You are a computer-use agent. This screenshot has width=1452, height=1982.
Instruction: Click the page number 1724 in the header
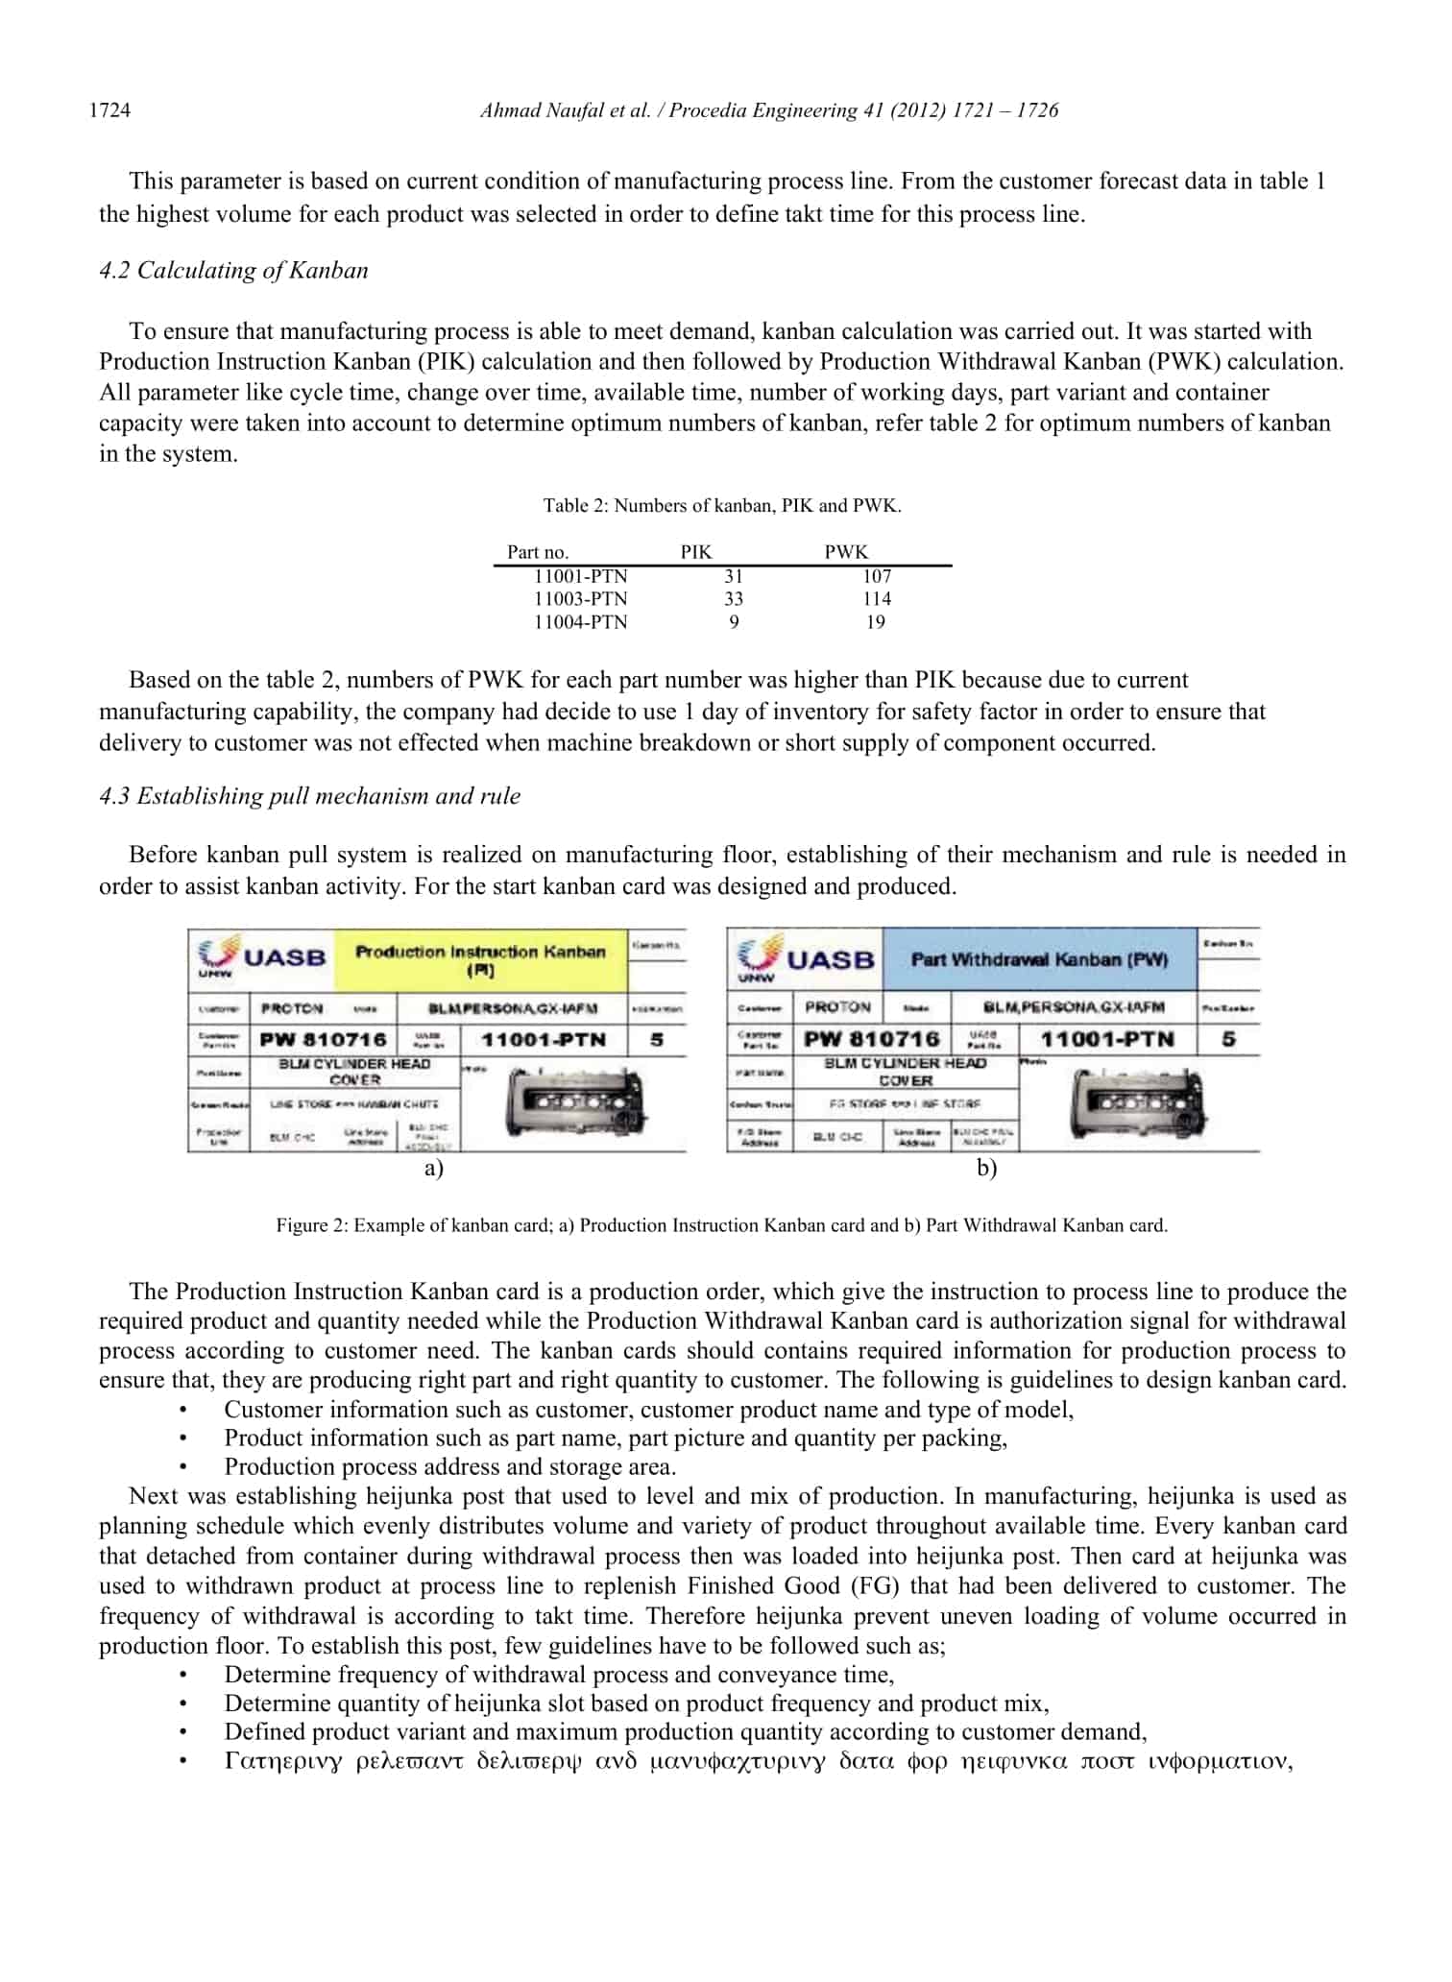tap(109, 110)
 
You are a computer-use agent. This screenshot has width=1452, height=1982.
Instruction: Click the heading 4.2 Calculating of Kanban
tap(233, 271)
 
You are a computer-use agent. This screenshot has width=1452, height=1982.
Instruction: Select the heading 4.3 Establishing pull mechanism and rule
tap(309, 796)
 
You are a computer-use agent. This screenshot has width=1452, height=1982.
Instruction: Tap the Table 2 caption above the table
tap(721, 506)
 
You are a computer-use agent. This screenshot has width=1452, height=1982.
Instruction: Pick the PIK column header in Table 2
tap(696, 552)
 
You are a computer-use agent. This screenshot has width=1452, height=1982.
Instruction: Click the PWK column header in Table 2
tap(845, 552)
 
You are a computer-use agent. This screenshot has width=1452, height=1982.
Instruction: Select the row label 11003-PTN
tap(580, 599)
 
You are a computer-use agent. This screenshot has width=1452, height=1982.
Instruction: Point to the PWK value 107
tap(876, 576)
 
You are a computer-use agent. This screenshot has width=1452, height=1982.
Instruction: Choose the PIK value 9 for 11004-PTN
tap(734, 622)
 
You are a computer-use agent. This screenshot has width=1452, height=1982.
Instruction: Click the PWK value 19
tap(875, 622)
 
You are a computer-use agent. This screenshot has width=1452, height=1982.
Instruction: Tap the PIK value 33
tap(734, 599)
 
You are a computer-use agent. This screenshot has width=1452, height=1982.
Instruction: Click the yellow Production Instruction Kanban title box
tap(480, 960)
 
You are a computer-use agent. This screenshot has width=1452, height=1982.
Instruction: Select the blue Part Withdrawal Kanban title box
tap(1039, 959)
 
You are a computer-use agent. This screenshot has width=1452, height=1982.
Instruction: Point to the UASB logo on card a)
tap(261, 956)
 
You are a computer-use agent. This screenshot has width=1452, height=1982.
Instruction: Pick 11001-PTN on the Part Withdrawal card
tap(1107, 1039)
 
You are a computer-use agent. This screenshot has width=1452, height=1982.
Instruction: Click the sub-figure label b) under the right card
tap(987, 1169)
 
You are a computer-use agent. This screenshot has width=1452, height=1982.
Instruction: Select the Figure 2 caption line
tap(721, 1226)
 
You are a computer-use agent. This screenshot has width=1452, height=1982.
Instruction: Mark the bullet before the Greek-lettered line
tap(182, 1762)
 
